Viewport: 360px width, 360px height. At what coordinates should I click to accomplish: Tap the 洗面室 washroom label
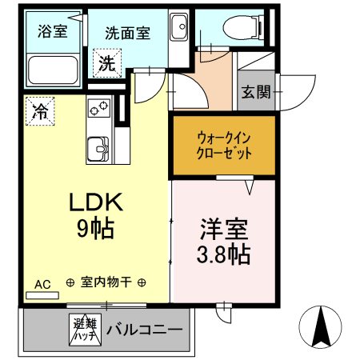click(128, 34)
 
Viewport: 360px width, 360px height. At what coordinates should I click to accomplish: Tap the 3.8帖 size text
click(223, 254)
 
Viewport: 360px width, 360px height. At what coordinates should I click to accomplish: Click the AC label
click(42, 282)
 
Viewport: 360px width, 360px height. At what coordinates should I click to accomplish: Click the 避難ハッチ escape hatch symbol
click(83, 330)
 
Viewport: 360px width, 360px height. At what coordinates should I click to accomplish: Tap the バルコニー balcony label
click(144, 330)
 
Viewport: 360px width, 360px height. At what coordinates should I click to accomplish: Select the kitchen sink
click(99, 149)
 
